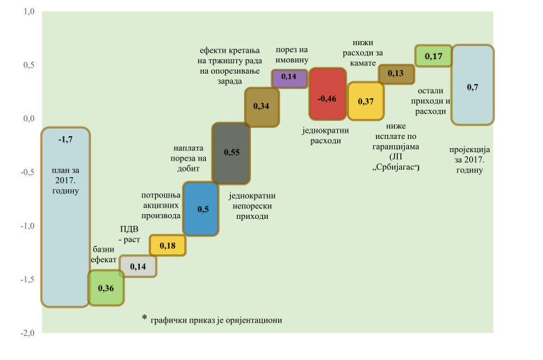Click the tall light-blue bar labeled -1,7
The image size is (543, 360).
click(65, 217)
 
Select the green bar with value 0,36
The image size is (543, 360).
click(106, 288)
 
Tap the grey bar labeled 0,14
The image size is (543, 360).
click(138, 266)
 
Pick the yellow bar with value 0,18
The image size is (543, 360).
click(168, 245)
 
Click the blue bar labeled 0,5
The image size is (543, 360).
click(201, 208)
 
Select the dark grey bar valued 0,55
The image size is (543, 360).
click(231, 153)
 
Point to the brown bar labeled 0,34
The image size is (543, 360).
click(262, 106)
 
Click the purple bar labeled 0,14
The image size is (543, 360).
click(289, 78)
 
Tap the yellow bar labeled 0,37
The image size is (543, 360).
click(366, 101)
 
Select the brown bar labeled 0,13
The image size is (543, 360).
click(396, 74)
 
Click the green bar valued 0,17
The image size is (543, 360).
click(433, 56)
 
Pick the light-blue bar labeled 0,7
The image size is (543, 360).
click(473, 85)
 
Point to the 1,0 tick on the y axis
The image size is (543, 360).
click(29, 12)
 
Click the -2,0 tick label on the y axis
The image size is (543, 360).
click(27, 333)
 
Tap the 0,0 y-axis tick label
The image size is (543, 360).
click(29, 119)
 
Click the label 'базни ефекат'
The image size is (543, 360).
click(104, 254)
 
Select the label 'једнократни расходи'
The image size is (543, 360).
click(325, 135)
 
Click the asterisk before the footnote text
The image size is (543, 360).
click(145, 318)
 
